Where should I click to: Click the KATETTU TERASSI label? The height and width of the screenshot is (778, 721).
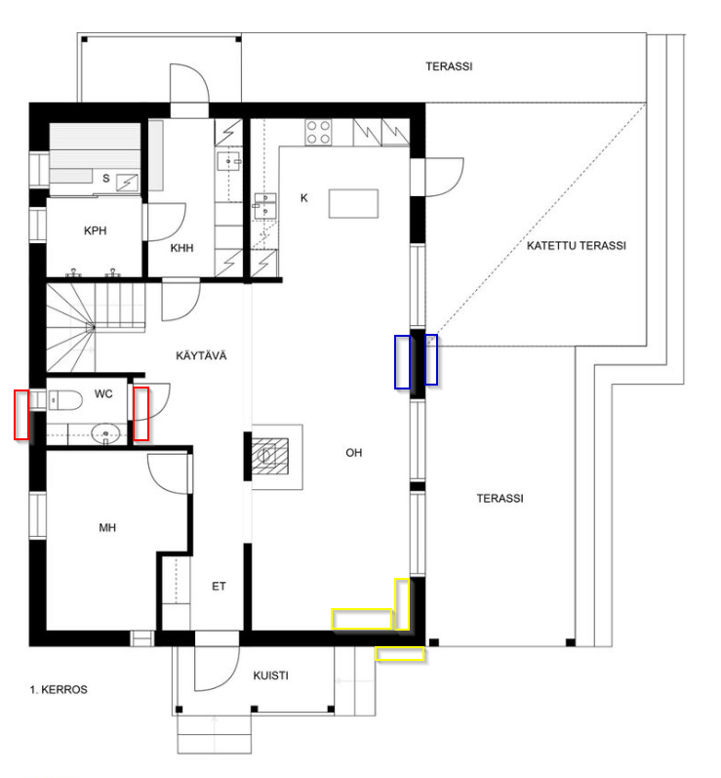click(577, 246)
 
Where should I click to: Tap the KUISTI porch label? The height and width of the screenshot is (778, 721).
click(271, 676)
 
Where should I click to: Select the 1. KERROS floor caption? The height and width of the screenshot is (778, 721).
click(59, 690)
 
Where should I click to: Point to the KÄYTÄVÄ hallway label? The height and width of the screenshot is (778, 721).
click(201, 355)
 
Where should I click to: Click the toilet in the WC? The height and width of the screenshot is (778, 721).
click(66, 400)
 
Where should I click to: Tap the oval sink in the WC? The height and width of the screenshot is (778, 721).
click(105, 434)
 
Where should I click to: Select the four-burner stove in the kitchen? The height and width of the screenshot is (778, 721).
click(318, 132)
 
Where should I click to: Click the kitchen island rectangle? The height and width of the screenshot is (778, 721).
click(353, 203)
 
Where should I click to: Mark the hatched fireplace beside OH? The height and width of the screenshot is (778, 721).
click(269, 456)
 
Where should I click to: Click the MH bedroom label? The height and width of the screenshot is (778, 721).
click(107, 527)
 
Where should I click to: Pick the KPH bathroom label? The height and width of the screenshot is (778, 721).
click(96, 230)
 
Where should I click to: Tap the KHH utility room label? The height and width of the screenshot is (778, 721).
click(182, 248)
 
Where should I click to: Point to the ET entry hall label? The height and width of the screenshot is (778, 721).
click(219, 587)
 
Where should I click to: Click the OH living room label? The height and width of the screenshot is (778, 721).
click(354, 453)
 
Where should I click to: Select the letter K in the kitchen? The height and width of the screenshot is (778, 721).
click(304, 198)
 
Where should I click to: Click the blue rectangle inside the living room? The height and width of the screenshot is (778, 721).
click(403, 362)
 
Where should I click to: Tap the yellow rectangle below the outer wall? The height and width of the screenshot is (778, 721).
click(399, 654)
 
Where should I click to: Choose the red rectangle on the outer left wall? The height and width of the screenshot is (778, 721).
click(21, 415)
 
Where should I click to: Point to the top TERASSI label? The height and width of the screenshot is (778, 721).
click(449, 66)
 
